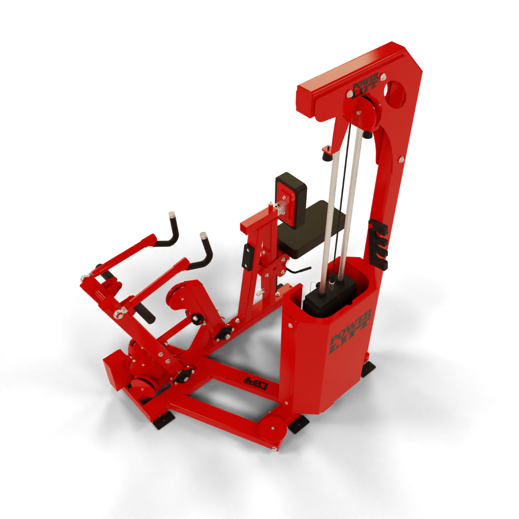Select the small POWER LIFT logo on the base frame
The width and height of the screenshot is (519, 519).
255,383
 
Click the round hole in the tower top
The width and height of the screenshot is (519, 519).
395,94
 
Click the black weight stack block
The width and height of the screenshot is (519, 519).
330,293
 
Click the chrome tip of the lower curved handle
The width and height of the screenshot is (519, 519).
203,236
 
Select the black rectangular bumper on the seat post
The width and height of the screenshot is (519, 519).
248,257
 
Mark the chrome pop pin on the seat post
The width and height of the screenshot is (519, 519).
259,292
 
